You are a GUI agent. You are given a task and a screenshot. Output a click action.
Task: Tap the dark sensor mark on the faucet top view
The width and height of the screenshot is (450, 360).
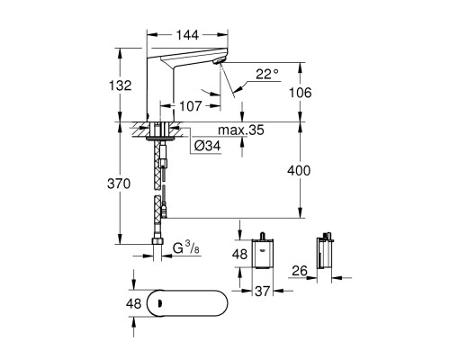[159, 306]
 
